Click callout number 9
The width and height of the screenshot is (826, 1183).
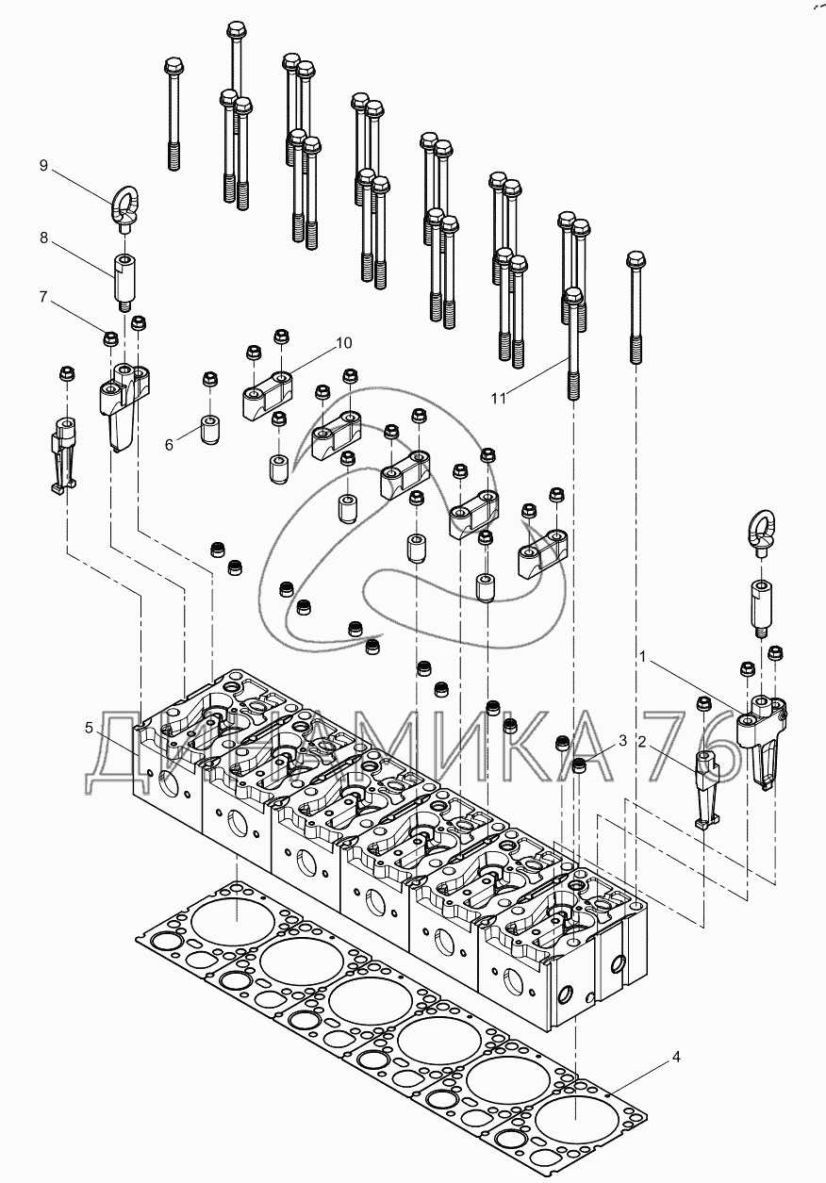pos(43,166)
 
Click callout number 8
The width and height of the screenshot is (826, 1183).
pos(43,238)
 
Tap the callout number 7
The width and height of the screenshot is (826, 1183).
pos(43,298)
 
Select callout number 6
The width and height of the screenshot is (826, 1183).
pos(170,444)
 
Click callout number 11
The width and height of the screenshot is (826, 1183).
pos(498,399)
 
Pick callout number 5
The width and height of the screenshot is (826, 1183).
pos(89,728)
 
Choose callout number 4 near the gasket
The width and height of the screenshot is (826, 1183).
pos(675,1058)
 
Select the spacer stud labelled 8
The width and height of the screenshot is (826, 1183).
pos(123,279)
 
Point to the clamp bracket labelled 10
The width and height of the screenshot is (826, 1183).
pos(266,394)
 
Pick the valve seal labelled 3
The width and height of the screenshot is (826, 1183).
pos(582,766)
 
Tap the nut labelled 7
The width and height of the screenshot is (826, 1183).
pos(110,337)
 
